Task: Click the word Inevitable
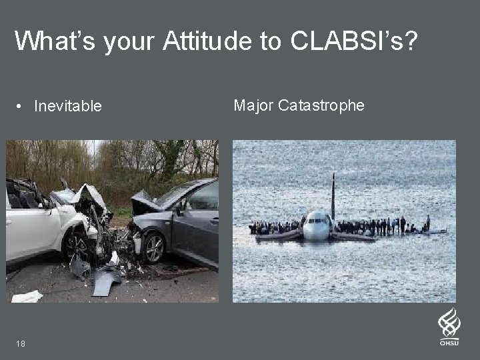tap(68, 106)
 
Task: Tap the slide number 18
tap(21, 343)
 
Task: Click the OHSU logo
tap(449, 326)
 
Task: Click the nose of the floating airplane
tap(316, 230)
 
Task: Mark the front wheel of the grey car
tap(153, 248)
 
